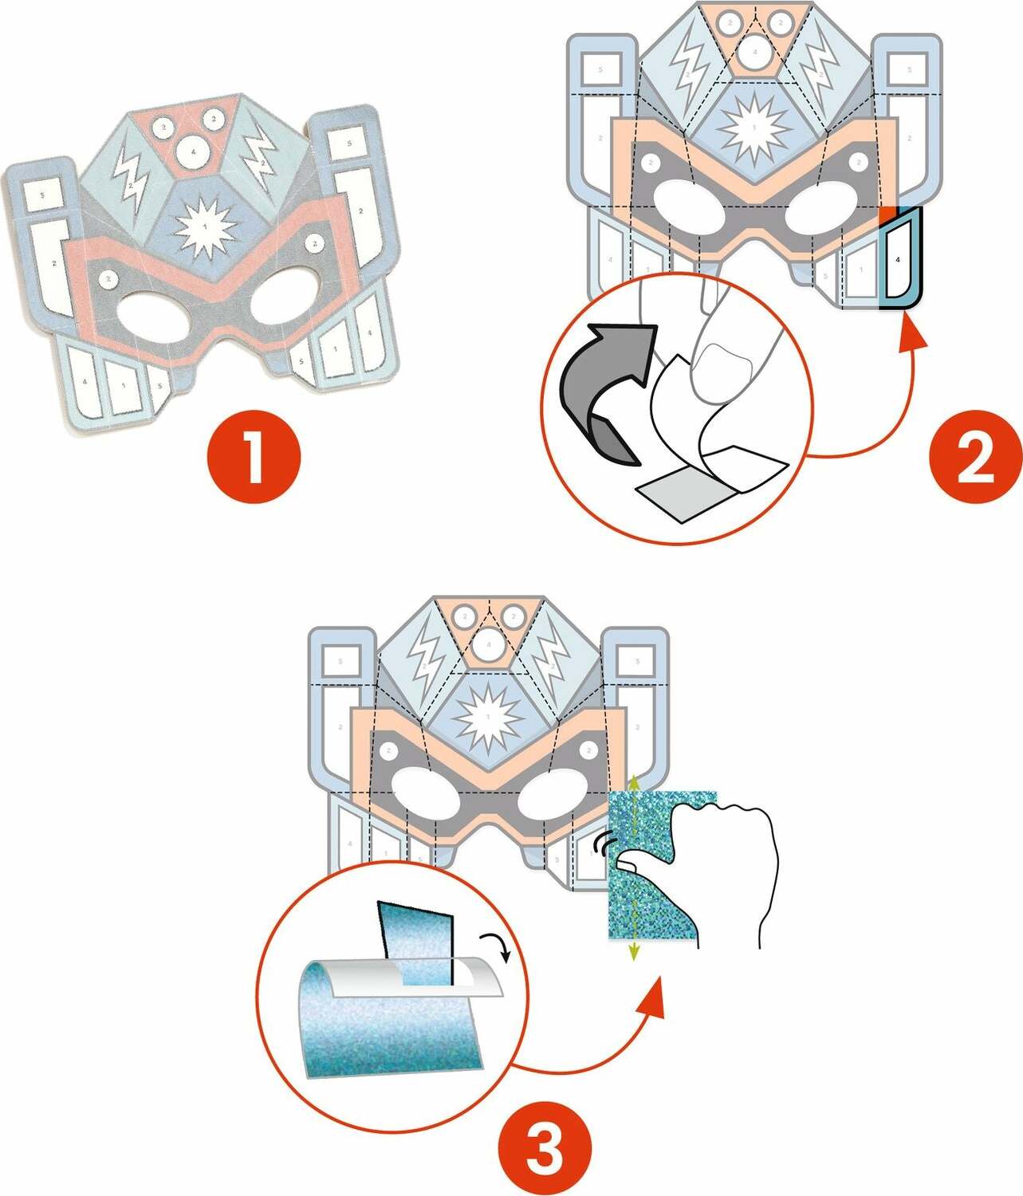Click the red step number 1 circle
(254, 457)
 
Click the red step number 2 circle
(975, 457)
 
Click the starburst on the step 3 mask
(487, 715)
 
